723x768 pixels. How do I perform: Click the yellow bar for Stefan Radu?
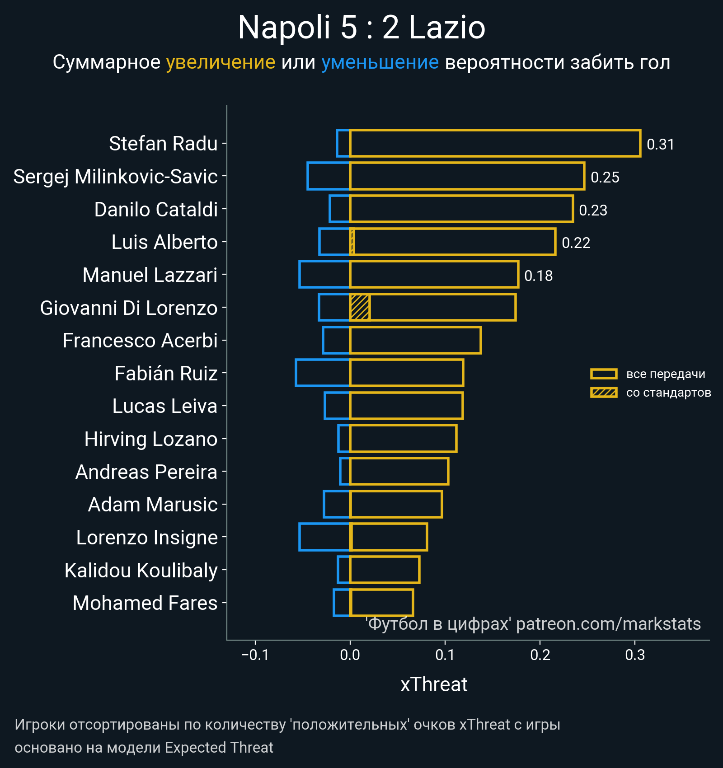(x=495, y=143)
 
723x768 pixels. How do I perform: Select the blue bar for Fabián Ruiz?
(x=323, y=373)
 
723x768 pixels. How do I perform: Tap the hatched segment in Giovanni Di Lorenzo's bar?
(x=360, y=307)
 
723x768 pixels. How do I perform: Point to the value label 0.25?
(x=605, y=177)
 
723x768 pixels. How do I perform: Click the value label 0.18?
(x=538, y=276)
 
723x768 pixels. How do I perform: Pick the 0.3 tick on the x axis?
(x=635, y=655)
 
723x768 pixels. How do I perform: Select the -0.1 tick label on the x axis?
(x=255, y=655)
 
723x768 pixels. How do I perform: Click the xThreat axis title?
(x=434, y=684)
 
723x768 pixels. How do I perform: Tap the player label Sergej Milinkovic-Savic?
(x=115, y=176)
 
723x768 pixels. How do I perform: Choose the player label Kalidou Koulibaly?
(x=141, y=570)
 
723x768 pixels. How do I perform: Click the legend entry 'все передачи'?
(x=665, y=374)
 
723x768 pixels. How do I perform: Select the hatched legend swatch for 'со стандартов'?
(x=604, y=393)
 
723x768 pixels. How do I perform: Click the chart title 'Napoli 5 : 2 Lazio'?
(x=361, y=27)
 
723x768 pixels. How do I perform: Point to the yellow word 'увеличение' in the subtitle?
(x=221, y=62)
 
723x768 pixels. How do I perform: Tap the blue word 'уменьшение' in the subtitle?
(x=380, y=62)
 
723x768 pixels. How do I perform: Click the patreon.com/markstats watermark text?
(x=608, y=624)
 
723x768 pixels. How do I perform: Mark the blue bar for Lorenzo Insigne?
(x=324, y=537)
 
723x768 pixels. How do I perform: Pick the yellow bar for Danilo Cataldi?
(x=461, y=209)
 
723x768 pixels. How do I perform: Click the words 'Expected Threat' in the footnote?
(x=219, y=748)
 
